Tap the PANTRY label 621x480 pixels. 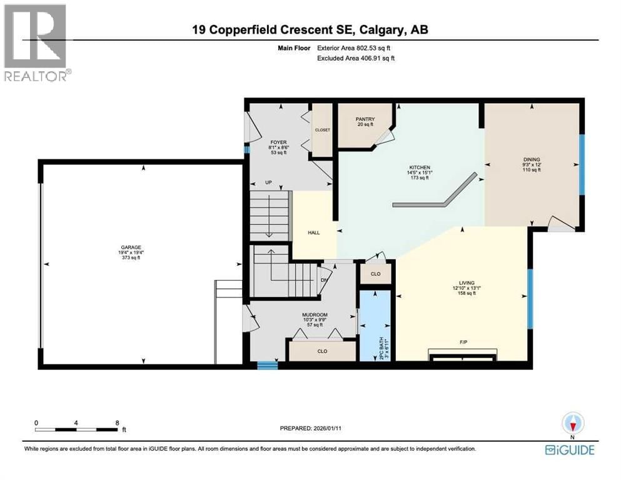tap(365, 119)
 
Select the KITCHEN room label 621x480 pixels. tap(419, 167)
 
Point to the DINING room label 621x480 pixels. tap(532, 159)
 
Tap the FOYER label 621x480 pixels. tap(270, 142)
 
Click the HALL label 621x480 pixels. tap(314, 232)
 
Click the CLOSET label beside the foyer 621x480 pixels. tap(323, 130)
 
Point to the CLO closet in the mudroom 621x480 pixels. tap(322, 351)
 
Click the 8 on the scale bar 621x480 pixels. tap(117, 422)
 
